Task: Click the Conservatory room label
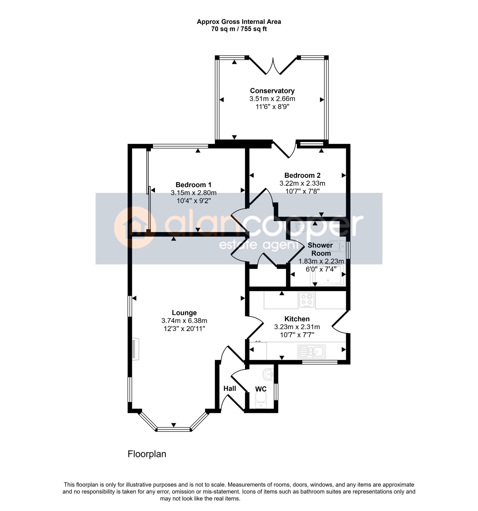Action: coord(272,91)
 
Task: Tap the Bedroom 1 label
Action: coord(193,185)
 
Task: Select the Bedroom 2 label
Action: coord(302,176)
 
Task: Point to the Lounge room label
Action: coord(184,313)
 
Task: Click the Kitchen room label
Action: coord(297,319)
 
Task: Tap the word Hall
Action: coord(230,388)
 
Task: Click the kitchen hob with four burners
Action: coord(307,300)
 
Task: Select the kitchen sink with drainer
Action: coord(311,351)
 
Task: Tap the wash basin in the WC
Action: coord(268,375)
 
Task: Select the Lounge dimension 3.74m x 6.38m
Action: coord(184,321)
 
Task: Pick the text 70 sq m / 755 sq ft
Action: coord(239,29)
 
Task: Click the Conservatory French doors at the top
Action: coord(273,66)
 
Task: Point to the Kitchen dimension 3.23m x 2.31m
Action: coord(297,327)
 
